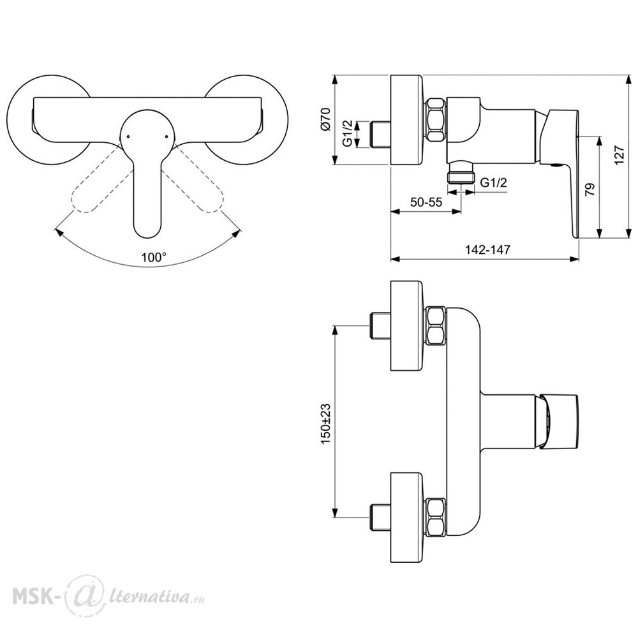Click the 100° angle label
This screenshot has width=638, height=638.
click(x=154, y=256)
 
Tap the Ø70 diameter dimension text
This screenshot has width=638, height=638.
click(x=326, y=120)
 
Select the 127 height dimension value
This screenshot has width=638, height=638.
click(x=618, y=155)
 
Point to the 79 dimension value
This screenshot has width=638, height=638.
click(x=590, y=189)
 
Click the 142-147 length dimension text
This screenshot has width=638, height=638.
click(x=487, y=249)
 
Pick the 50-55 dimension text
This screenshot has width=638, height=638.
click(x=426, y=202)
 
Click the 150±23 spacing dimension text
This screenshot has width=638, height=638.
click(x=326, y=424)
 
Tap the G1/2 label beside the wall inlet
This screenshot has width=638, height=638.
click(x=347, y=133)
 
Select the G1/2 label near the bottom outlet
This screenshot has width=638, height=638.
click(x=494, y=182)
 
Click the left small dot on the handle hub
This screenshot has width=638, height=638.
click(x=128, y=137)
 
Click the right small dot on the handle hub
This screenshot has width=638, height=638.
click(x=167, y=137)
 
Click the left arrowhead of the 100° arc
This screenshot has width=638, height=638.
click(x=59, y=232)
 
